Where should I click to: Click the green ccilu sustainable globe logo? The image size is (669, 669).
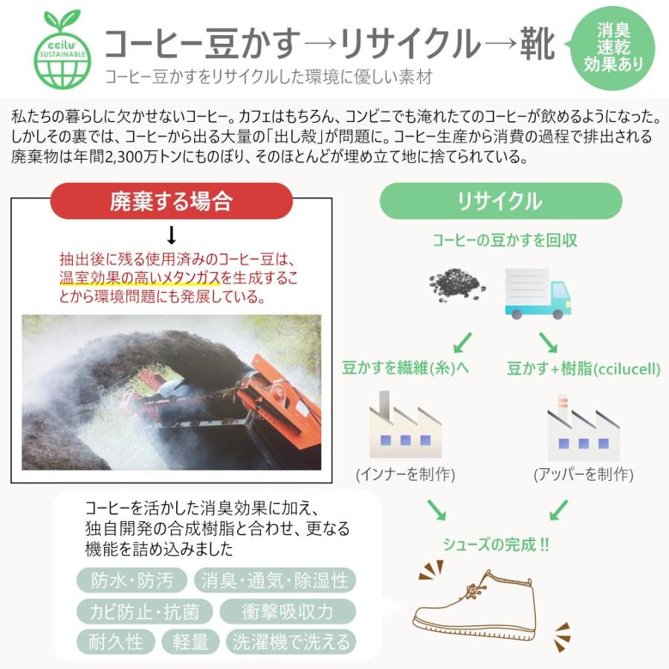click(x=63, y=46)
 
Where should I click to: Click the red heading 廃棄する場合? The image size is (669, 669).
click(x=171, y=201)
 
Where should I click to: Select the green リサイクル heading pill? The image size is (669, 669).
click(x=500, y=201)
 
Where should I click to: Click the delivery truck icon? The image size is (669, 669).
click(x=538, y=293)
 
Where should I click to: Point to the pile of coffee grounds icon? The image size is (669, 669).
click(x=457, y=284)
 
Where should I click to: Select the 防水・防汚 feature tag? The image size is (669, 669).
click(x=132, y=581)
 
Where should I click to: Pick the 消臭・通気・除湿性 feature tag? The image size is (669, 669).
click(x=274, y=581)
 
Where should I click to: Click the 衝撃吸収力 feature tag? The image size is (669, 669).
click(x=288, y=612)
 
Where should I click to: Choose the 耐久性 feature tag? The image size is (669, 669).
click(x=116, y=641)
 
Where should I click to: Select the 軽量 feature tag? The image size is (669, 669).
click(x=191, y=641)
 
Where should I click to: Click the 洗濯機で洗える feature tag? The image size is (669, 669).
click(x=291, y=641)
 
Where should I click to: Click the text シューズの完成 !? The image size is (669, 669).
click(x=496, y=545)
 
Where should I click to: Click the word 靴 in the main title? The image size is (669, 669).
click(x=537, y=46)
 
